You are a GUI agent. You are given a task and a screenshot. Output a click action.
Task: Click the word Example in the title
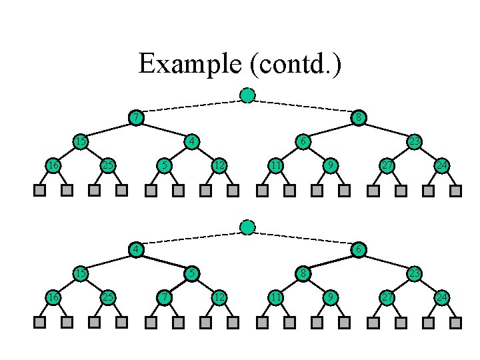(190, 64)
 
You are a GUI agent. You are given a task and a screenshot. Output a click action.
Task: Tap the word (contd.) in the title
(295, 64)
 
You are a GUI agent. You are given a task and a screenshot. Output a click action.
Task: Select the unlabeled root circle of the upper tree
(247, 95)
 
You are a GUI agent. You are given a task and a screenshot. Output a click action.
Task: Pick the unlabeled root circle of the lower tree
(247, 227)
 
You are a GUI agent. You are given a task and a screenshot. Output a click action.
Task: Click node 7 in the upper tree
(136, 117)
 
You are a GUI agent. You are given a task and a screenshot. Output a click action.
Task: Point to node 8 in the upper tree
(359, 117)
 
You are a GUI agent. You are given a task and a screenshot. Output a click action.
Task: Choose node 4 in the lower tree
(136, 249)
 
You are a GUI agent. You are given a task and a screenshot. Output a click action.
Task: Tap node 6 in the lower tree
(359, 249)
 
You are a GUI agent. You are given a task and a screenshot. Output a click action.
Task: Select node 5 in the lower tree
(192, 273)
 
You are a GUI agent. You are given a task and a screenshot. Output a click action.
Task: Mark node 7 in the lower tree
(164, 297)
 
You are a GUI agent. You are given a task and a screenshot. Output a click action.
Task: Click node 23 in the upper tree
(415, 141)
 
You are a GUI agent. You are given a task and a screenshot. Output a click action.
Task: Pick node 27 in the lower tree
(387, 297)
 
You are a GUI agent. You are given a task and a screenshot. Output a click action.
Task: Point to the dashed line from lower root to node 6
(303, 238)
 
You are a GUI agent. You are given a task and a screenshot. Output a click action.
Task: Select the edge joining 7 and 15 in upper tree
(109, 129)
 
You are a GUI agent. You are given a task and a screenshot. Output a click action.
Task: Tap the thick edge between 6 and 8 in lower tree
(331, 261)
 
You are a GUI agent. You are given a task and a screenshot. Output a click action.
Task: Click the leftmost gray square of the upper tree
(39, 191)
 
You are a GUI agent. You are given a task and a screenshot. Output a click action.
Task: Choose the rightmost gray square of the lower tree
(455, 323)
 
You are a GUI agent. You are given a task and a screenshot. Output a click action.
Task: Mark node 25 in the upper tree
(108, 165)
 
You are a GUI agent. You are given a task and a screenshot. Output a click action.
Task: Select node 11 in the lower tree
(275, 297)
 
